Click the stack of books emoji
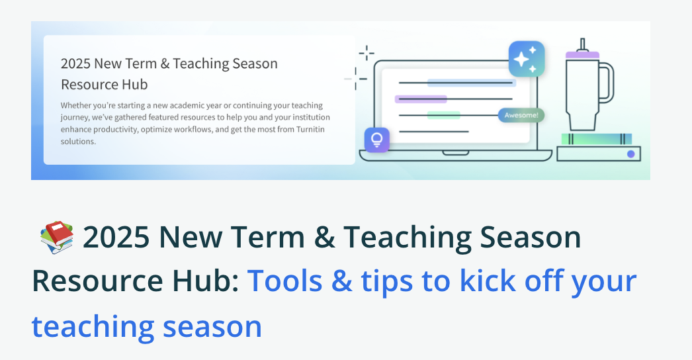click(x=57, y=237)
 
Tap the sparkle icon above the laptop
click(x=527, y=59)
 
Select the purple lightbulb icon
click(x=377, y=140)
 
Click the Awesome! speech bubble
click(x=521, y=115)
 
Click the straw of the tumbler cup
click(x=583, y=44)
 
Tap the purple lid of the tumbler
click(x=583, y=55)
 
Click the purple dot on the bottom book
click(x=630, y=154)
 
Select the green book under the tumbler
click(x=597, y=139)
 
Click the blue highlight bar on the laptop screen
click(x=471, y=83)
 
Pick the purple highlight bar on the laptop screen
click(x=421, y=99)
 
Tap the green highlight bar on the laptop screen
click(x=443, y=115)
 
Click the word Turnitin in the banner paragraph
click(x=310, y=130)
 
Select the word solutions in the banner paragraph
click(x=78, y=142)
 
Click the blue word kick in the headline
click(x=488, y=281)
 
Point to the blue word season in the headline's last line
click(x=212, y=326)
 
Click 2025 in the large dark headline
click(x=116, y=237)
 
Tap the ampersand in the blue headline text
click(x=341, y=281)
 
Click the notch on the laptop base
click(x=455, y=153)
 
